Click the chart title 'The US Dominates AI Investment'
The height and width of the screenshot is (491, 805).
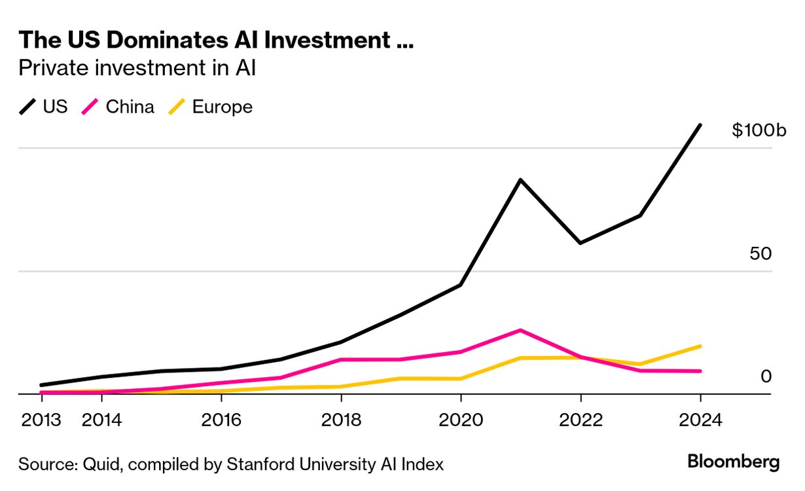pos(216,40)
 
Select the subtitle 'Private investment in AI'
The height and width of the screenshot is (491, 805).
pos(137,67)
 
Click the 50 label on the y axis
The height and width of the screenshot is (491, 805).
pos(760,253)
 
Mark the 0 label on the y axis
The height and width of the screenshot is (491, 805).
pos(766,376)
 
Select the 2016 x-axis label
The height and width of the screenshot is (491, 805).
pos(222,420)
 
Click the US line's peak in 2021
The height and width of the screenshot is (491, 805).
pos(520,179)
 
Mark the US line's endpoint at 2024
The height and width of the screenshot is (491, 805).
pos(700,125)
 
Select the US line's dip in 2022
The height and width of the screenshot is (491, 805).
pos(580,243)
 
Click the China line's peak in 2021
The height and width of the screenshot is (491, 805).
pos(520,330)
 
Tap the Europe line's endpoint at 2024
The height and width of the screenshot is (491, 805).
pos(700,346)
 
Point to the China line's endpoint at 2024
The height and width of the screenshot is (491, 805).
pos(700,371)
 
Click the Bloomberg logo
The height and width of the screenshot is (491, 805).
pos(733,462)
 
